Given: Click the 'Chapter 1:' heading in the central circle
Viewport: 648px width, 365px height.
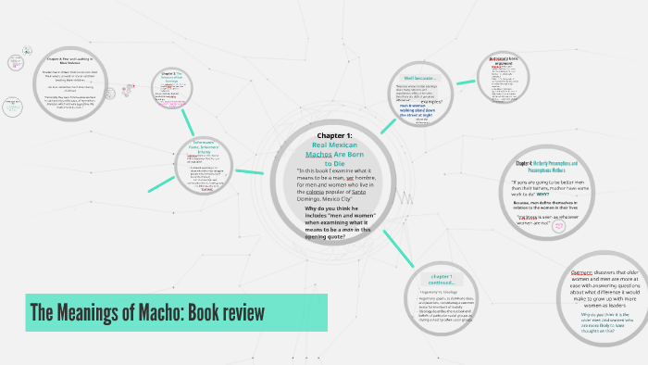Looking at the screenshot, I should (334, 135).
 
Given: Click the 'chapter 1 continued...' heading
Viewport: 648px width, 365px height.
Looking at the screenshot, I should (441, 279).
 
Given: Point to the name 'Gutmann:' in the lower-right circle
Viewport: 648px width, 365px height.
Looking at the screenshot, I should (582, 272).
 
